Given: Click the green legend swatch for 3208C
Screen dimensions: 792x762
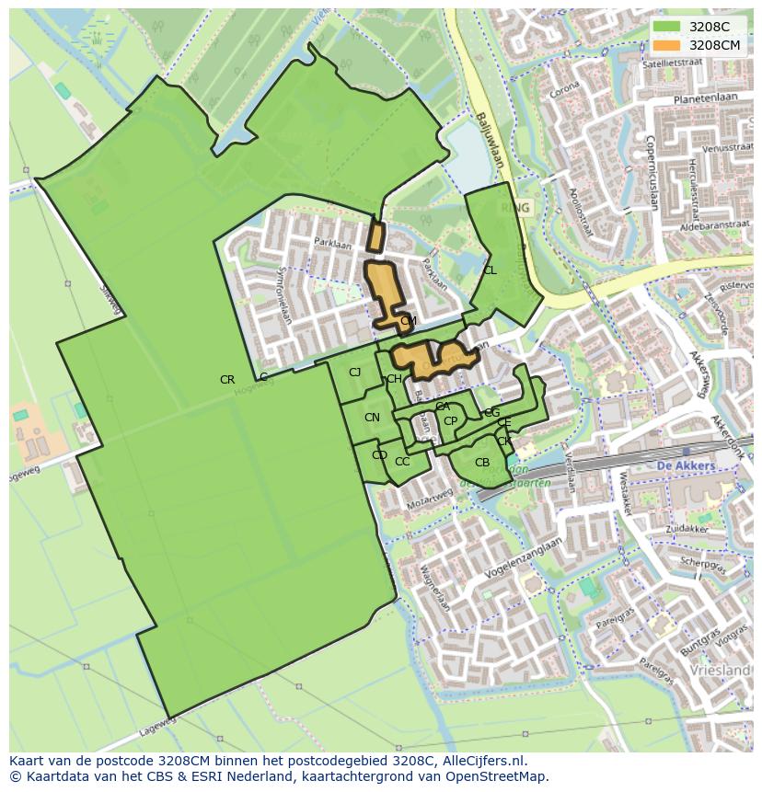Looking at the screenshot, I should pos(666,27).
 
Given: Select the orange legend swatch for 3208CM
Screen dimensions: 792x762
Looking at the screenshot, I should pos(666,45).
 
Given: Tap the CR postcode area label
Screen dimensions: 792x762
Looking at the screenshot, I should pos(227,380).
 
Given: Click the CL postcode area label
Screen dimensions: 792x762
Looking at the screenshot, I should pos(490,270).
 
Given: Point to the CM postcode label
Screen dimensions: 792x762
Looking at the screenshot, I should pos(409,321).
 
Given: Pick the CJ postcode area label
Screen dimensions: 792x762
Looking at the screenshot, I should pos(354,373).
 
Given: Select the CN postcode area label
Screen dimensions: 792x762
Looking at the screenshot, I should pos(372,418).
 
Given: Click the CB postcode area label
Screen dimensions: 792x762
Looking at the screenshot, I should pos(482,463).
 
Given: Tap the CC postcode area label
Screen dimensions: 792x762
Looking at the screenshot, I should pos(402,462).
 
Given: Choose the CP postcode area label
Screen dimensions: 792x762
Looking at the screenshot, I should pos(450,421).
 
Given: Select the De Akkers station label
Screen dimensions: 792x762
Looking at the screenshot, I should pos(687,466).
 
